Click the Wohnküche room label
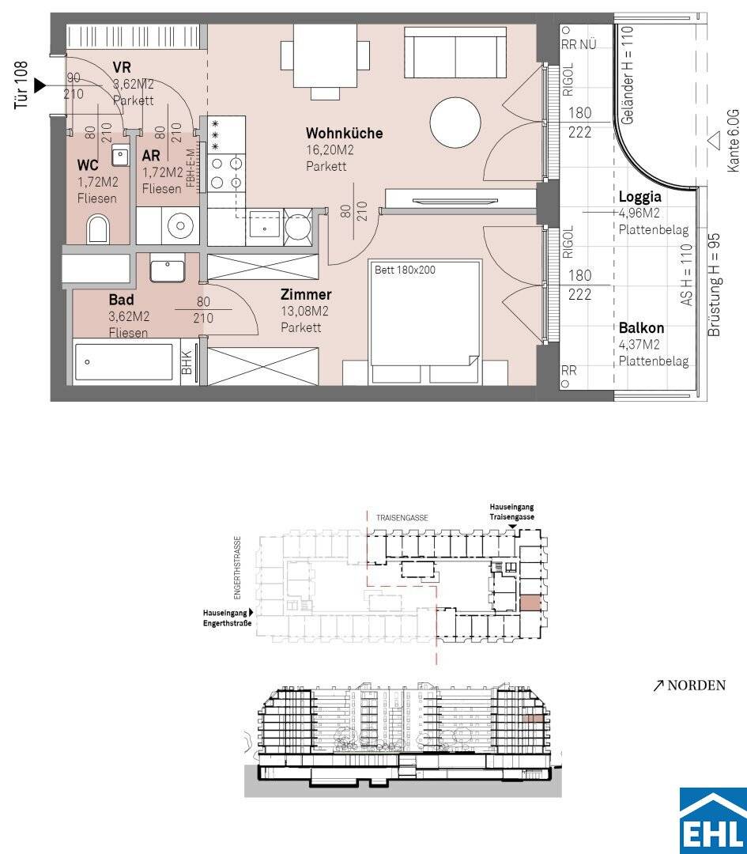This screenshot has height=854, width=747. (344, 133)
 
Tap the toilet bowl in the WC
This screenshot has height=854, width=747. (98, 229)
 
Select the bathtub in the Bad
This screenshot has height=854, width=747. (126, 361)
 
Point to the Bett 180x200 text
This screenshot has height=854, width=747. (405, 270)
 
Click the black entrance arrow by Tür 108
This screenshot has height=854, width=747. (40, 85)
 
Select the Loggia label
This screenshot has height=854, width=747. (639, 197)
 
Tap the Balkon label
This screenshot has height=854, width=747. (641, 328)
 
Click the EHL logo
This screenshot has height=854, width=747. (713, 820)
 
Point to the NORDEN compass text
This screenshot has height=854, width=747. (696, 685)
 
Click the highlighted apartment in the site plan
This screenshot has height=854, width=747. (531, 603)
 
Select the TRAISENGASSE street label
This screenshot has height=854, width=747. (402, 517)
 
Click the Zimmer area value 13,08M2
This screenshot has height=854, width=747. (304, 311)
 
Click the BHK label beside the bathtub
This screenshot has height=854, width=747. (187, 362)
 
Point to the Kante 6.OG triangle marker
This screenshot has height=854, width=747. (713, 140)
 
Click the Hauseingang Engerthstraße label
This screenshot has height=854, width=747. (228, 618)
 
